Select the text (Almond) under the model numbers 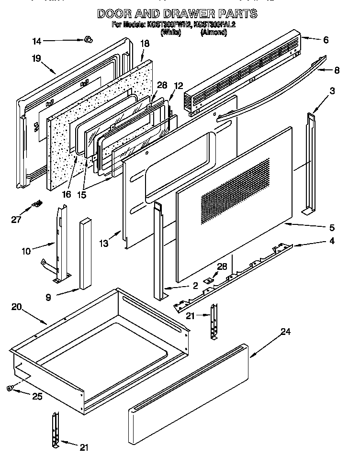click(x=214, y=33)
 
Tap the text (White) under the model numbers click(x=171, y=33)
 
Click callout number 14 click(x=37, y=42)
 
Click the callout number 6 click(x=326, y=40)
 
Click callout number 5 click(x=331, y=227)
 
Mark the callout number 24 click(x=286, y=332)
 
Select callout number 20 click(x=16, y=308)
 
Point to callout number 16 click(x=66, y=194)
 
